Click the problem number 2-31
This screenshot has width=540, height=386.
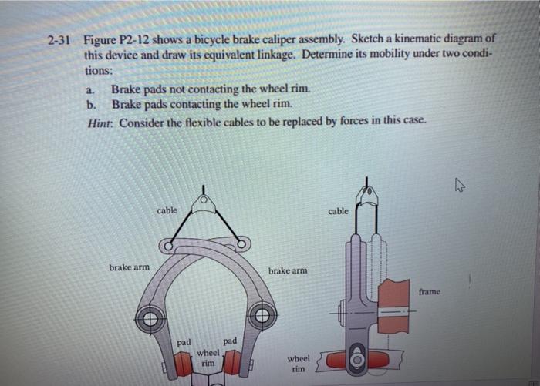click(x=59, y=38)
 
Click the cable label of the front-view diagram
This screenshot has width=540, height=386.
click(x=167, y=210)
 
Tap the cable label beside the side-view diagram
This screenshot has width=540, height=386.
click(x=339, y=210)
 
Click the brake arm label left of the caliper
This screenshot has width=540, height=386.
click(x=130, y=267)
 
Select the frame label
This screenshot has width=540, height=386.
click(x=430, y=291)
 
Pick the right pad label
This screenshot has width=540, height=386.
click(x=230, y=340)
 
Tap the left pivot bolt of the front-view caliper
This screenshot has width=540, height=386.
click(x=150, y=317)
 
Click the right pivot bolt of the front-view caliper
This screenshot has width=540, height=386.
click(x=262, y=316)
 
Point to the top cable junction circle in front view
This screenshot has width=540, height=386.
click(x=204, y=203)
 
